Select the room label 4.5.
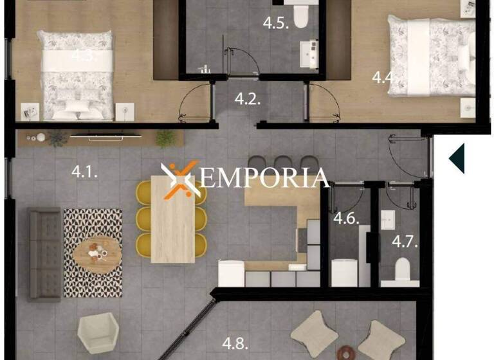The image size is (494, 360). coord(275,24)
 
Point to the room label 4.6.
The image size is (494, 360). coord(346,218)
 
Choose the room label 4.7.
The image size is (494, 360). coord(405,242)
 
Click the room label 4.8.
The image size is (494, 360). coord(235,343)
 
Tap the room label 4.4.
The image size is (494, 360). coord(383,78)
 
